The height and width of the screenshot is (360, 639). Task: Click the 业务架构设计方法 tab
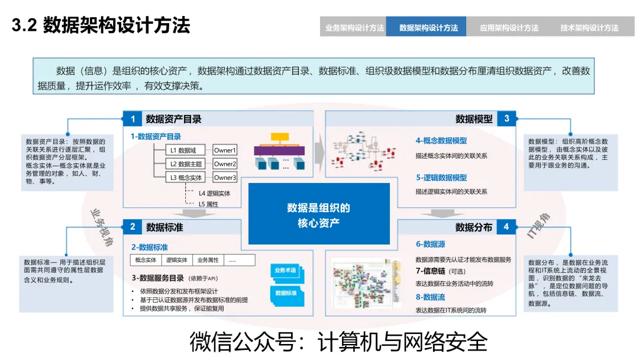coord(354,27)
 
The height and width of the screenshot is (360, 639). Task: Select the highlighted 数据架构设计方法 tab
coord(428,27)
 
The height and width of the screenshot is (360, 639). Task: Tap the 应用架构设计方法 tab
coord(509,27)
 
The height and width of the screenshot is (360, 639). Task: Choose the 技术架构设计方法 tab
coord(589,27)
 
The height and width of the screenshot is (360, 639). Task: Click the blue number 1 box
coord(133,119)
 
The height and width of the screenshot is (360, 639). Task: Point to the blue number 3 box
coord(506,118)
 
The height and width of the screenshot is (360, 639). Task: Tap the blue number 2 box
coord(133,227)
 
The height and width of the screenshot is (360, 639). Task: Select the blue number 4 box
coord(506,227)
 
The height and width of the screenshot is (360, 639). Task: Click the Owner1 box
coord(225,150)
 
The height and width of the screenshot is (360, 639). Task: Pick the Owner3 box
coord(225,178)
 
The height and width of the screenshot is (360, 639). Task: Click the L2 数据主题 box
coord(186,164)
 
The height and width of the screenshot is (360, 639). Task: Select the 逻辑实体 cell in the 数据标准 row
coord(177,260)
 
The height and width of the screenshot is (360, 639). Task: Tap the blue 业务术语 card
coord(285,271)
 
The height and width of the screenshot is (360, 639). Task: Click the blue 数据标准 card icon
coord(286,293)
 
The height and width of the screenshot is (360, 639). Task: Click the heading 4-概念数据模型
coord(441,141)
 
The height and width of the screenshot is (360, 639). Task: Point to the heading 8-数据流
coord(430,297)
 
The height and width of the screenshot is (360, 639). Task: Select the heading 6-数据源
coord(430,244)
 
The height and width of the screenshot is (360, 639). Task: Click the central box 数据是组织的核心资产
coord(319,214)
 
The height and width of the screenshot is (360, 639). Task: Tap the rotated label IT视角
coord(538,226)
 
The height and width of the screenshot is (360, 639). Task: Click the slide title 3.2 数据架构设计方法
coord(101,26)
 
